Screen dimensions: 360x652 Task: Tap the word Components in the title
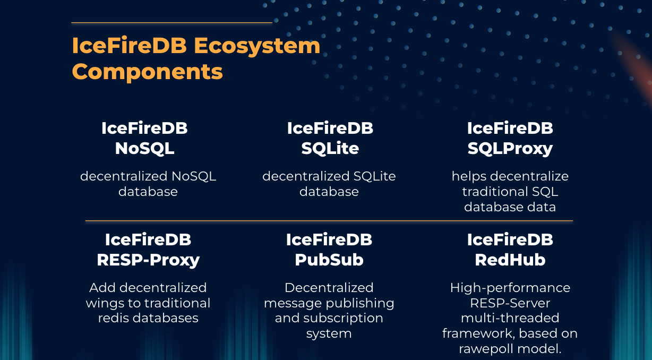click(x=147, y=71)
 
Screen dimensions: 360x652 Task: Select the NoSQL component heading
click(x=144, y=149)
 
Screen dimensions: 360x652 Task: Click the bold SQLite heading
click(x=330, y=149)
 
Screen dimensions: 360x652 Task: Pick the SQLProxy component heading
click(x=510, y=149)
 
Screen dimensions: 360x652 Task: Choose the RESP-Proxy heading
click(x=148, y=260)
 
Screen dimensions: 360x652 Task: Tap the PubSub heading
click(x=329, y=260)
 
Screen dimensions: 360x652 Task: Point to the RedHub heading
click(x=510, y=260)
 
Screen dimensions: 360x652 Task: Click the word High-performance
click(x=510, y=288)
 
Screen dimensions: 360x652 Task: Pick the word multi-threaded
click(x=510, y=318)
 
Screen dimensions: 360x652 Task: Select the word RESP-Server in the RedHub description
click(x=510, y=303)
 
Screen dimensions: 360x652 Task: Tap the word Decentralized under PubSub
click(x=329, y=288)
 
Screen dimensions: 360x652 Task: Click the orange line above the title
click(x=171, y=23)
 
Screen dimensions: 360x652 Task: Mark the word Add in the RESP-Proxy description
click(x=102, y=288)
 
